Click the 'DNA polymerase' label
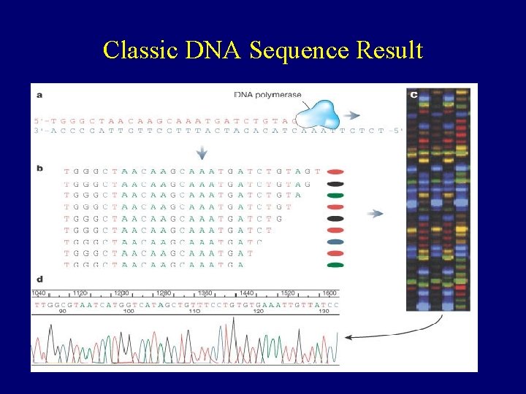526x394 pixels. pos(267,95)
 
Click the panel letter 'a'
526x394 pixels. pos(39,94)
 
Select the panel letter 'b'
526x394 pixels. pos(39,169)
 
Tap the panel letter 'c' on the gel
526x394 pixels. pos(413,94)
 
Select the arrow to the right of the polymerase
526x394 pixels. pos(352,115)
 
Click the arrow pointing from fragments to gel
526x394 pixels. pos(376,213)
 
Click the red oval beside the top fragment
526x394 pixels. pos(336,171)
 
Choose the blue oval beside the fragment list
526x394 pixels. pos(336,242)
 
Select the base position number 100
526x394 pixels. pos(129,312)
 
